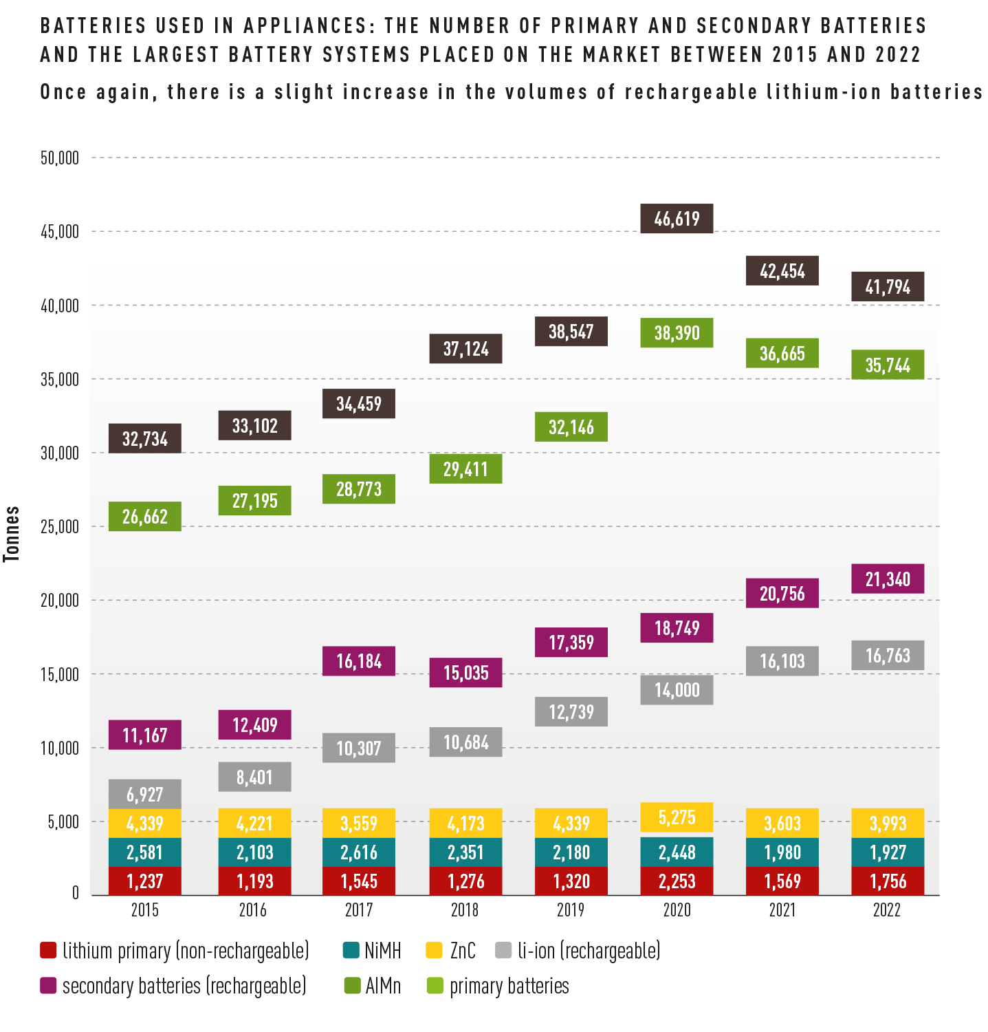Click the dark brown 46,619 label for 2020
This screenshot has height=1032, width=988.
tap(677, 219)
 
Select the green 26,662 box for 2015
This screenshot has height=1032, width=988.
tap(145, 516)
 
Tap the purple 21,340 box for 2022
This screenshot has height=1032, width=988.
tap(888, 579)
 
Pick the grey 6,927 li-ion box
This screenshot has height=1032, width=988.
tap(145, 794)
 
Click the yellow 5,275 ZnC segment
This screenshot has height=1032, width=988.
tap(677, 817)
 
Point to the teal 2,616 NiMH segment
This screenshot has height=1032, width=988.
tap(359, 852)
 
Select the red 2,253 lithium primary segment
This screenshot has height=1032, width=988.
tap(677, 881)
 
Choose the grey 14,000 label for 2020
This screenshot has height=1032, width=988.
tap(677, 689)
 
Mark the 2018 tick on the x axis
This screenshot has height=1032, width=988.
tap(465, 910)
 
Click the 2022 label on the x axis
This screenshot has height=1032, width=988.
tap(887, 910)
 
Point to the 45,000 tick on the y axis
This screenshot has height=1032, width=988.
tap(60, 232)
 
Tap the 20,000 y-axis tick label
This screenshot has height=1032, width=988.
tap(60, 601)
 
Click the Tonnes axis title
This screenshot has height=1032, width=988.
tap(12, 534)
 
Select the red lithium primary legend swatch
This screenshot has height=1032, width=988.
tap(48, 951)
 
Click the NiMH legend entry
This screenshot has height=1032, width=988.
tap(372, 951)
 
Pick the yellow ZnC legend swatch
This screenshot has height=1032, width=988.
tap(434, 951)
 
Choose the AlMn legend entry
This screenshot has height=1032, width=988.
tap(372, 986)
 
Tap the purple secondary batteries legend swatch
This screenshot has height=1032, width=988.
tap(48, 986)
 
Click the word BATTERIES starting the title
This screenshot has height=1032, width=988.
tap(94, 26)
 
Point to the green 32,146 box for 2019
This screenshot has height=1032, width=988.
tap(571, 427)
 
